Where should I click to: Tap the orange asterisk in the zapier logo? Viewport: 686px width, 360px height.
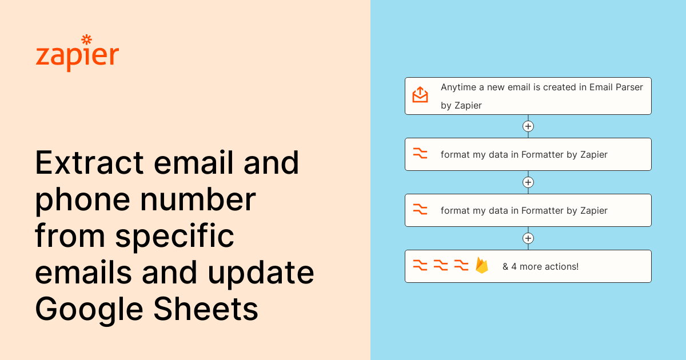point(87,39)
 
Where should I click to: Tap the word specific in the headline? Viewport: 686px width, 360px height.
point(175,237)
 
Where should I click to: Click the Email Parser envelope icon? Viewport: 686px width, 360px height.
point(420,95)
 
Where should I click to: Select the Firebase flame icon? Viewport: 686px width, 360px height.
point(482,266)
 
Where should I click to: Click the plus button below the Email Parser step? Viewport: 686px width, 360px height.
point(528,126)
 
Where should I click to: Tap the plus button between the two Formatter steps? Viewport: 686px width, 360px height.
point(528,182)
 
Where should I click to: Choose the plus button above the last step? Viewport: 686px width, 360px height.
point(528,238)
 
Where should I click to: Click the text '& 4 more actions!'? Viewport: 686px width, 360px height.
point(540,266)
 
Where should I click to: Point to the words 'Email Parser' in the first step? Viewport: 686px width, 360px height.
point(616,87)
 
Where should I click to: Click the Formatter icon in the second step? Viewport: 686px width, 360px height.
point(420,154)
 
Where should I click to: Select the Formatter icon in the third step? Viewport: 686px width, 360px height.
point(420,210)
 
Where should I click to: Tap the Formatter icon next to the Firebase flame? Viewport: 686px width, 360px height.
point(461,266)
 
